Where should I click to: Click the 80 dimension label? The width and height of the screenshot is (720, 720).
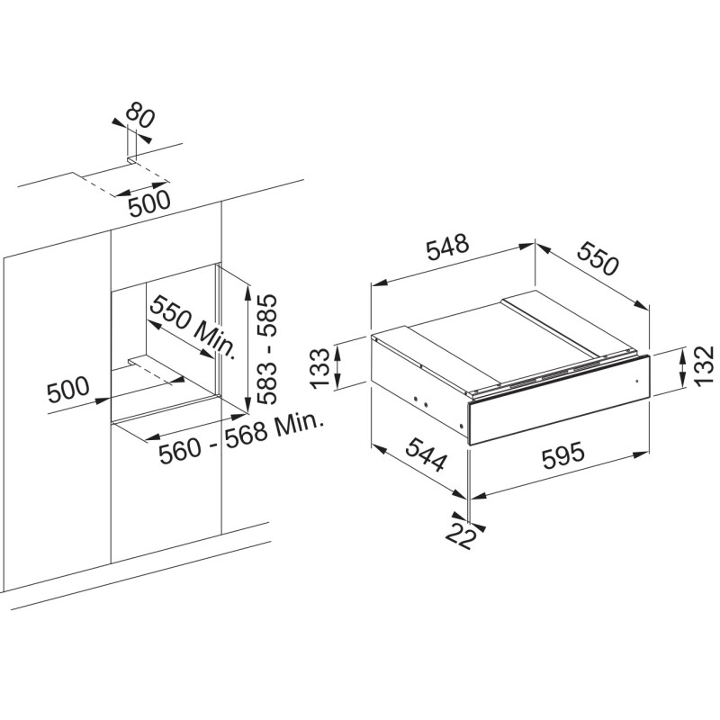pos(139,115)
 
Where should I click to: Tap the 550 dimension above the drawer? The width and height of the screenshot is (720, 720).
pos(598,259)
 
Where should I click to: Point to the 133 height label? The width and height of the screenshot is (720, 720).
pos(320,368)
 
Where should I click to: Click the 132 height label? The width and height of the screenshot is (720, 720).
pos(705,366)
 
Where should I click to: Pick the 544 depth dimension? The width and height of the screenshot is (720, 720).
pos(426,454)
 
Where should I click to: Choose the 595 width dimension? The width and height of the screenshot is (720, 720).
pos(563,455)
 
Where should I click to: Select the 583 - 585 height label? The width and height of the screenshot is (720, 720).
pos(266,349)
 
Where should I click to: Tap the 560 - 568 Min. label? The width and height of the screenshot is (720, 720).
pos(240,438)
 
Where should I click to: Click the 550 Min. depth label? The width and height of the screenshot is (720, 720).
pos(193,327)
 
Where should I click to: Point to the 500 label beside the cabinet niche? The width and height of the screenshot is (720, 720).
pos(68,390)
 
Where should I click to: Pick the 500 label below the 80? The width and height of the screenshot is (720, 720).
pos(149,203)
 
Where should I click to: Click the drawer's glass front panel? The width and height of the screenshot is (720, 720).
pos(558,399)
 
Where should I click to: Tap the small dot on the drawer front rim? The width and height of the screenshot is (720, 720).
pos(637,381)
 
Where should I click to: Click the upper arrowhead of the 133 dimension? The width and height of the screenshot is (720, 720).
pos(338,353)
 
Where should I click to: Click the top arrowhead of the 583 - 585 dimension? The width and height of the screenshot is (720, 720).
pos(248,292)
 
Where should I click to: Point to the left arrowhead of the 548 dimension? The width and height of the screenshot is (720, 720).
pos(379,283)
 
